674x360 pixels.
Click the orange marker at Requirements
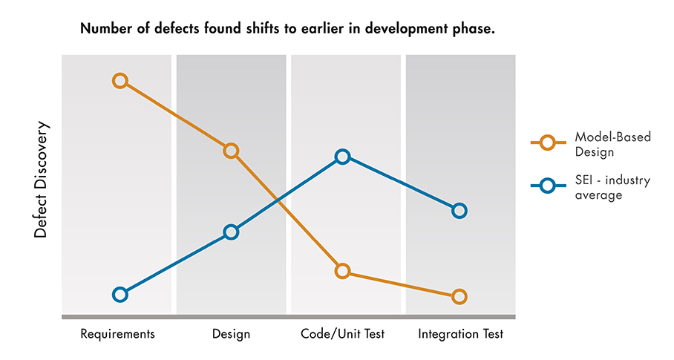click(x=120, y=80)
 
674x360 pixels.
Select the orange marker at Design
click(x=231, y=151)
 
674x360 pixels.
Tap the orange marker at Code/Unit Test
click(x=342, y=271)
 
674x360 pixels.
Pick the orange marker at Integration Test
click(x=459, y=297)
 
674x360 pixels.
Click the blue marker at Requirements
click(x=120, y=294)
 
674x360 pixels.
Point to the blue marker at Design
click(x=231, y=232)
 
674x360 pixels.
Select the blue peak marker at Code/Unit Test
click(x=342, y=157)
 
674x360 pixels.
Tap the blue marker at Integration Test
click(x=459, y=211)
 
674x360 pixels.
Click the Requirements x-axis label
click(x=117, y=333)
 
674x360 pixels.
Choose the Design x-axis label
click(x=231, y=334)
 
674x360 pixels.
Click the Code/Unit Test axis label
click(x=342, y=333)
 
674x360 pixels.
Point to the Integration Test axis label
click(x=460, y=334)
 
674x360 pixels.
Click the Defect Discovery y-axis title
click(x=41, y=180)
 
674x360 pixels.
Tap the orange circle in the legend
click(x=547, y=143)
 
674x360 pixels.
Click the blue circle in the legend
click(x=547, y=186)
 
